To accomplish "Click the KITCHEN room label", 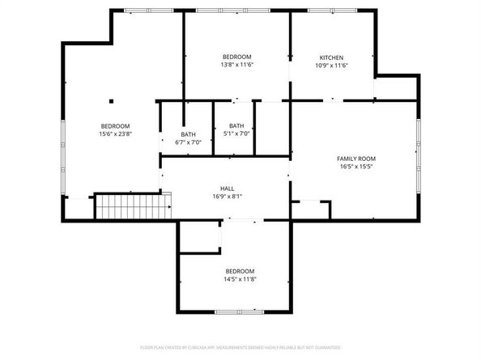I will tap(332, 57).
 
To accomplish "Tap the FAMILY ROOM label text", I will tap(355, 159).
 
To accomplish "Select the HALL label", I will tap(228, 188).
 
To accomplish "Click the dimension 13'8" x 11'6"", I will tap(236, 65).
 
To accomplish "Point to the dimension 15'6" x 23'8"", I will tap(115, 133).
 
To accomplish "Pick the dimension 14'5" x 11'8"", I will tap(240, 279).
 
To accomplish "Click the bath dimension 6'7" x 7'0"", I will tap(188, 142).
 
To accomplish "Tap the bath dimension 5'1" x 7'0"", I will tap(236, 133).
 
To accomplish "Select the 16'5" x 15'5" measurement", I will tap(355, 167).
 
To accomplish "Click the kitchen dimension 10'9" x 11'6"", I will tap(332, 66).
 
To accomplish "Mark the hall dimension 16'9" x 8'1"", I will tap(228, 196).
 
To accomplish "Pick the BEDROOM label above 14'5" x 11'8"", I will tap(240, 271).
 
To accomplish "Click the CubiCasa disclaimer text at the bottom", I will tap(240, 347).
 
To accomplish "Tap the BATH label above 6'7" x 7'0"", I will tap(188, 134).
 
